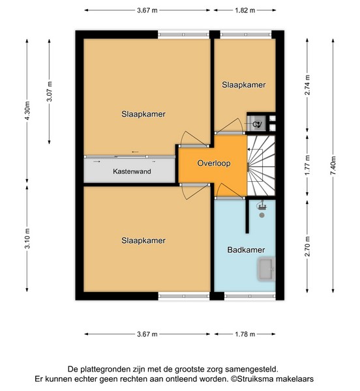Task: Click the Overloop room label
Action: pos(213,164)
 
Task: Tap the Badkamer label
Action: pos(246,250)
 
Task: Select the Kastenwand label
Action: pos(132,171)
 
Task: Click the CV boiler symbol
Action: pos(257,124)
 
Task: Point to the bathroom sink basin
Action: pos(266,268)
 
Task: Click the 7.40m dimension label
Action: pos(333,166)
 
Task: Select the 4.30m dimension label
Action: pos(27,111)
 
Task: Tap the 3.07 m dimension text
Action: pos(50,91)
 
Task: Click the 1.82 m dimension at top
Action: pos(245,10)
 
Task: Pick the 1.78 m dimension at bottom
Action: pos(245,334)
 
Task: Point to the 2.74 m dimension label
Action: pos(307,85)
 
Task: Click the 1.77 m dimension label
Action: pos(307,165)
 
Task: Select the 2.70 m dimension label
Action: pos(307,246)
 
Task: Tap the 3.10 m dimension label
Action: pos(27,239)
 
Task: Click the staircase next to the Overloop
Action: pos(261,166)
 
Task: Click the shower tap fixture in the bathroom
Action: pos(262,207)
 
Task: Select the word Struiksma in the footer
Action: pos(254,379)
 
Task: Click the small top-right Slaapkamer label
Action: pos(243,85)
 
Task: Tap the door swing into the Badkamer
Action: pos(229,191)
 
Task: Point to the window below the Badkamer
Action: pos(250,297)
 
